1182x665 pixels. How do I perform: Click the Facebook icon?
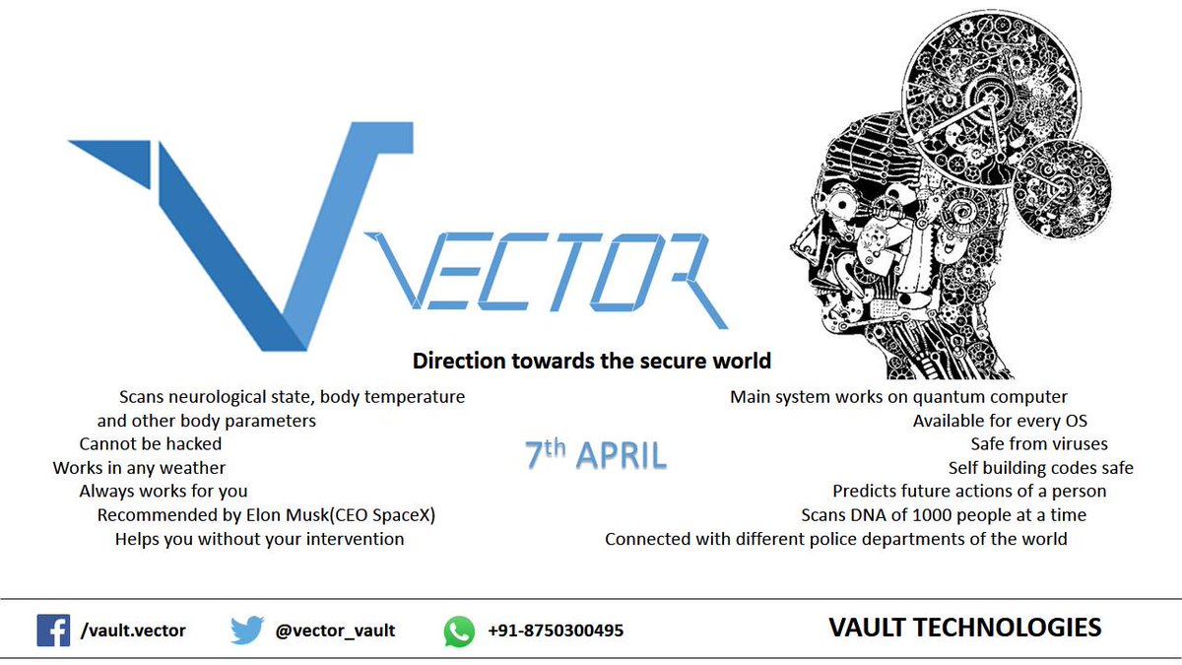point(53,630)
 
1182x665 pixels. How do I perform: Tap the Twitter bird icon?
point(247,630)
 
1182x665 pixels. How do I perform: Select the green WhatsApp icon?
point(459,630)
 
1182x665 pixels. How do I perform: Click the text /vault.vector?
point(133,631)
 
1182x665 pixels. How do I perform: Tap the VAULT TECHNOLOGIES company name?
point(964,628)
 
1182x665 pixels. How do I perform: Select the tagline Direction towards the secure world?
point(591,361)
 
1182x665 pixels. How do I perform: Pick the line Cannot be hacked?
point(151,444)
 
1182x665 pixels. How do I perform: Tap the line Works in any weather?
point(140,468)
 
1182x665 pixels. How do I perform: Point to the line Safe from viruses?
point(1039,444)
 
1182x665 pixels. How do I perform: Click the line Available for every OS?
point(1000,421)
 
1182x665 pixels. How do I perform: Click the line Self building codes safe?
point(1041,468)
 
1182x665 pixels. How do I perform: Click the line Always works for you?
point(164,492)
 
